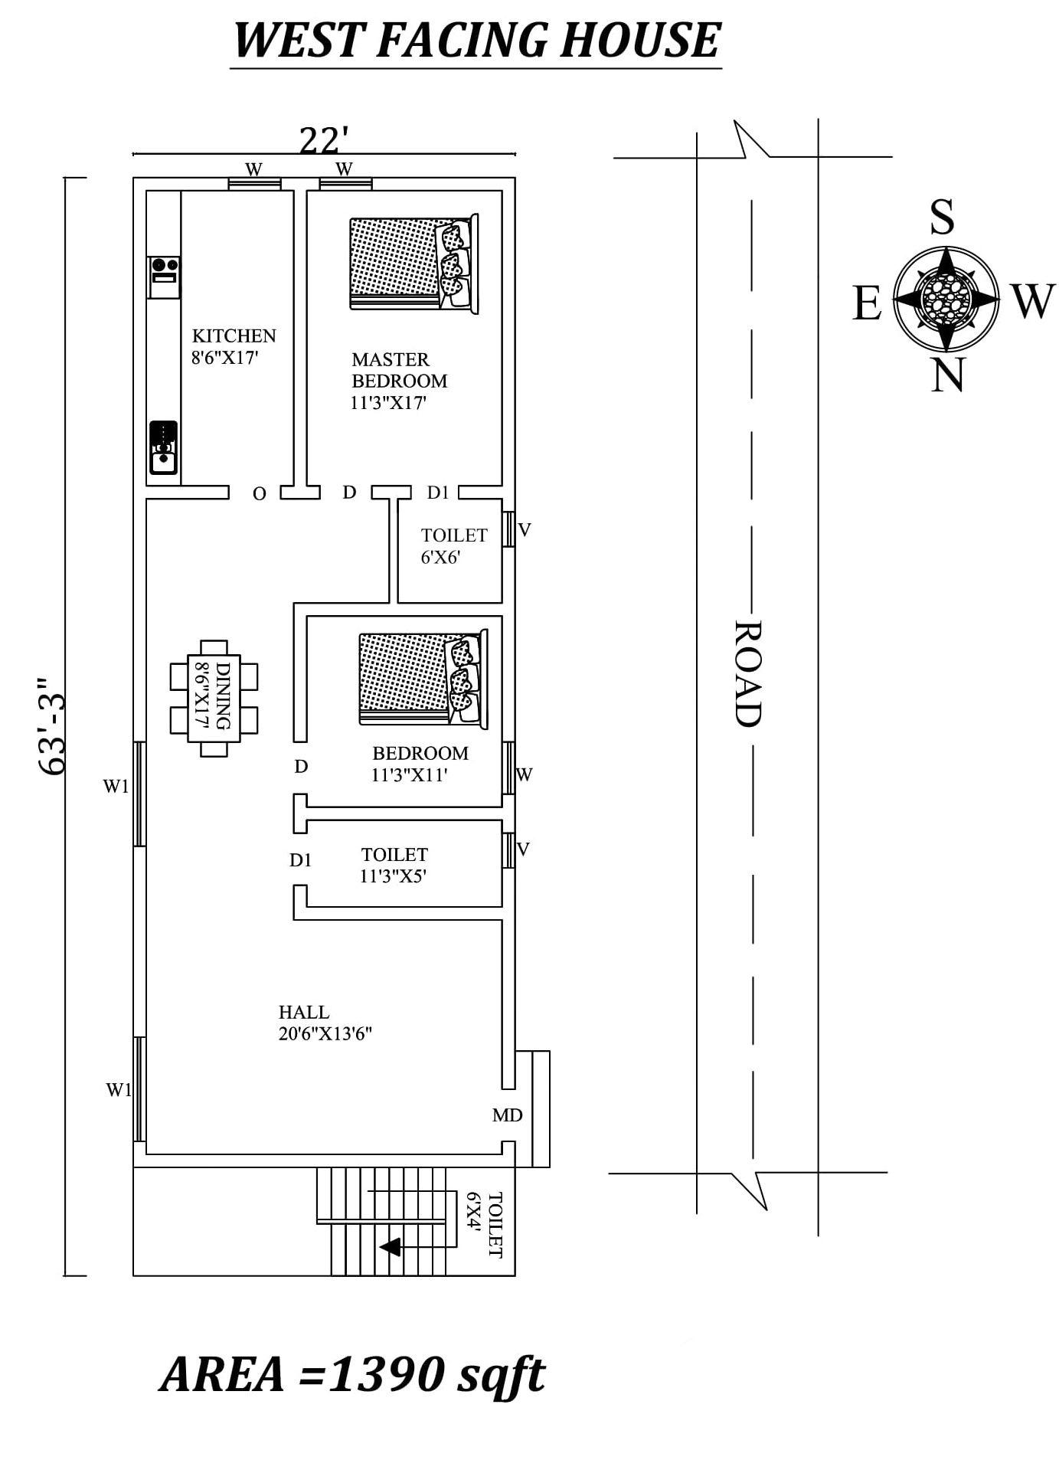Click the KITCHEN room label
click(x=234, y=336)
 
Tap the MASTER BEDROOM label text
click(x=399, y=370)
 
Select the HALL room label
click(x=304, y=1012)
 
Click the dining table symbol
click(x=214, y=698)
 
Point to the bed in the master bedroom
click(x=413, y=264)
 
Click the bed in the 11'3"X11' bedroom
click(x=423, y=678)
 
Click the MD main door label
click(x=507, y=1115)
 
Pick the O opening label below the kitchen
click(x=260, y=494)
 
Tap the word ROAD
click(x=747, y=673)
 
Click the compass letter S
click(x=943, y=217)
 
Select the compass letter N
click(x=947, y=375)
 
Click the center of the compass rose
click(x=946, y=297)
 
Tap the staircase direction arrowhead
click(x=391, y=1247)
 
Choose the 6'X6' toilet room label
click(x=440, y=558)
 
